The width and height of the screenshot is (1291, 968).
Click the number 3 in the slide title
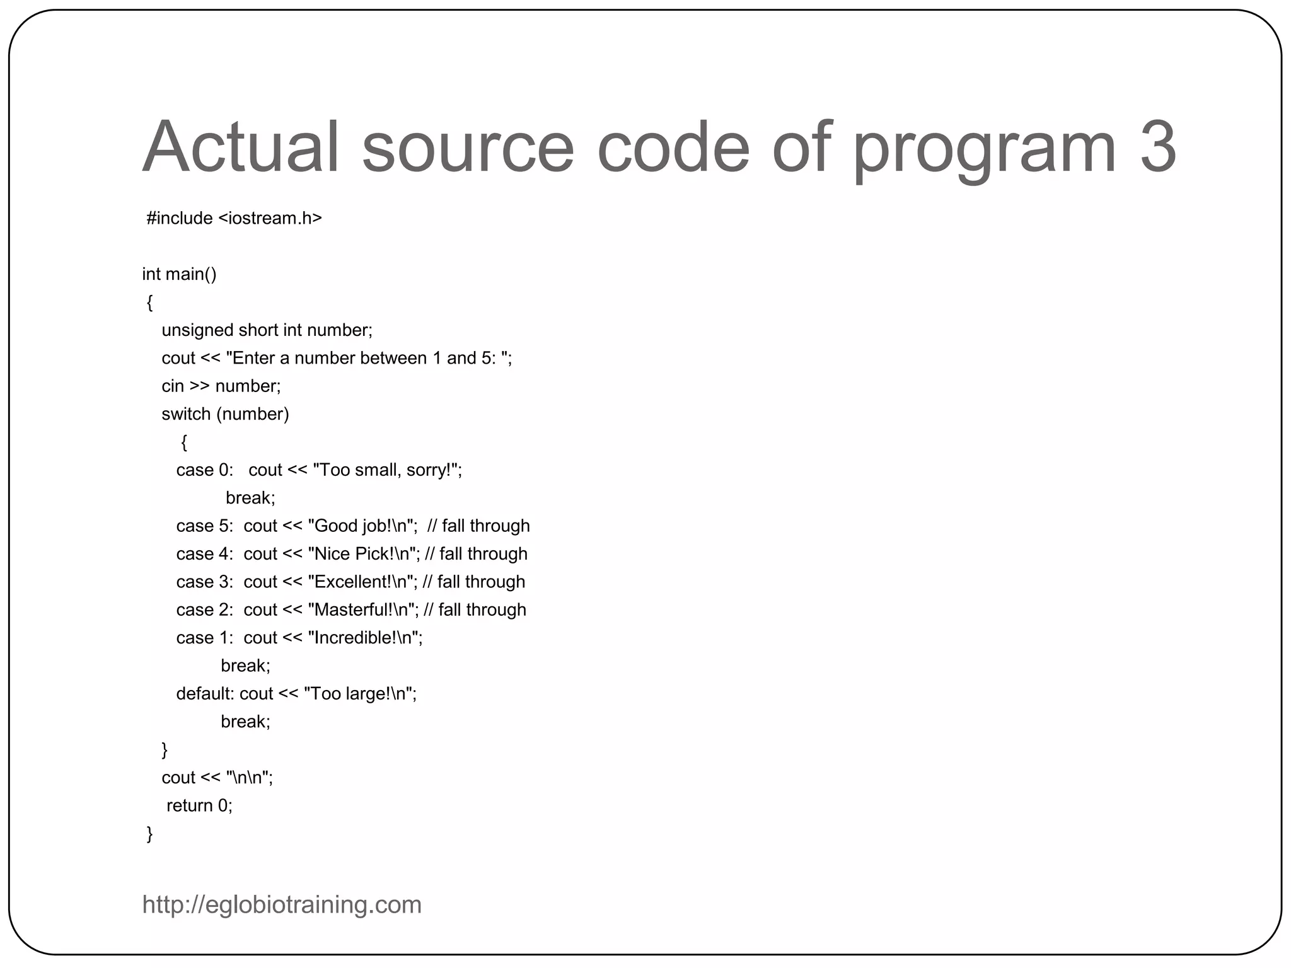click(x=1157, y=147)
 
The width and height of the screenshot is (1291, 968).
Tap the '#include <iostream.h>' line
click(x=234, y=218)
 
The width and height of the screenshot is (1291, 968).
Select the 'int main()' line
click(x=179, y=274)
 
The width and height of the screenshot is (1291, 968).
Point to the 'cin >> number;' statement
click(x=221, y=386)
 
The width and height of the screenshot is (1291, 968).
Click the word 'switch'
click(x=186, y=414)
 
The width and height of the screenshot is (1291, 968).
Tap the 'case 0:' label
click(x=204, y=470)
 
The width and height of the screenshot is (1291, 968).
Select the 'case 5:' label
click(x=204, y=526)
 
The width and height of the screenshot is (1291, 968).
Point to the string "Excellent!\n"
click(x=362, y=582)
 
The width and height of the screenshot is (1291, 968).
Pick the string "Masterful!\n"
click(x=362, y=609)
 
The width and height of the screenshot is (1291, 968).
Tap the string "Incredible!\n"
click(x=364, y=638)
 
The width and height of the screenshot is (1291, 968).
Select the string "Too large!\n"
click(x=359, y=694)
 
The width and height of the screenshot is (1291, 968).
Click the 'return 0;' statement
click(x=199, y=805)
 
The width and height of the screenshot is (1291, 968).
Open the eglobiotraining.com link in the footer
click(x=282, y=905)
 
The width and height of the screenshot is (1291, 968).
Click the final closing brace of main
click(x=149, y=834)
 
